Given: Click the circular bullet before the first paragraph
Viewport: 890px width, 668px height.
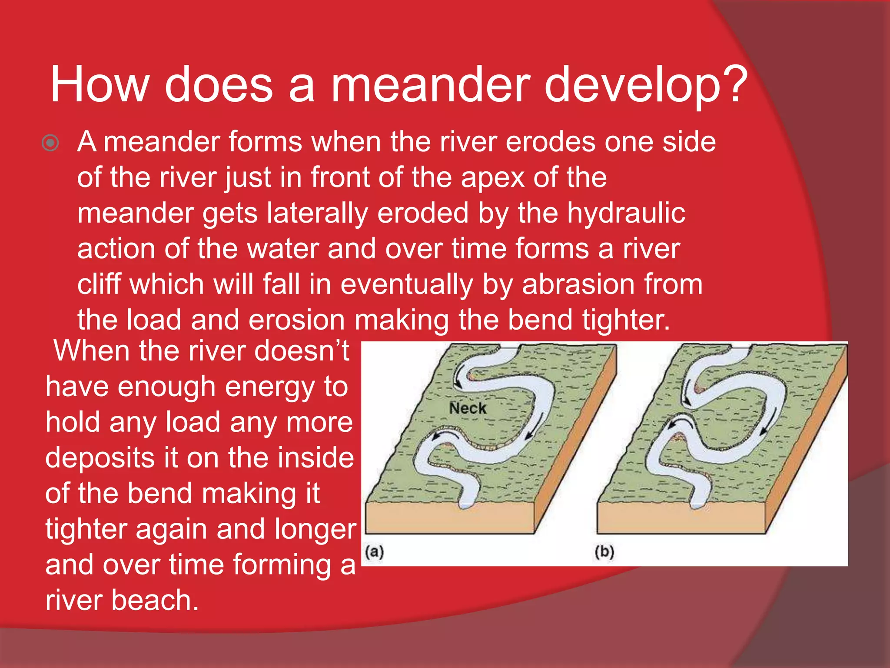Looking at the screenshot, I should (x=50, y=143).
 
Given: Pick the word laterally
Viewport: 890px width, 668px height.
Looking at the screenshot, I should (x=317, y=214).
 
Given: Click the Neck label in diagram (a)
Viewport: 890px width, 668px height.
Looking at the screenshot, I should (x=468, y=408).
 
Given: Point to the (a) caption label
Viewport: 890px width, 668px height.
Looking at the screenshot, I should (x=375, y=552).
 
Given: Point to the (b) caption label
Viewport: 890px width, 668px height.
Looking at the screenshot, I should (x=604, y=552).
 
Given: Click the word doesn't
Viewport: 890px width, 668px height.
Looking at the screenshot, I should (x=302, y=351).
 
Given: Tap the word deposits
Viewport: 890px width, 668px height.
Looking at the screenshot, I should (x=100, y=458).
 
